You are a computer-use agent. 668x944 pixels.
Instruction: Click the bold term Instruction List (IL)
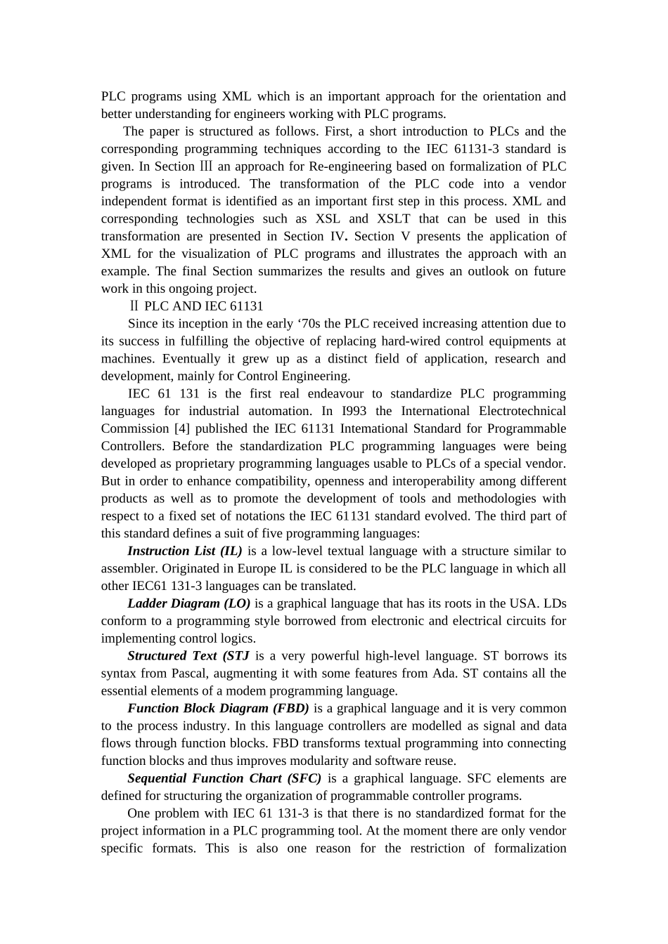[184, 551]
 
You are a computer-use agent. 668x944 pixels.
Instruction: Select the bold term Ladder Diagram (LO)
[188, 603]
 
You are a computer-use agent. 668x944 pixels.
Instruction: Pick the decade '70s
[309, 324]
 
